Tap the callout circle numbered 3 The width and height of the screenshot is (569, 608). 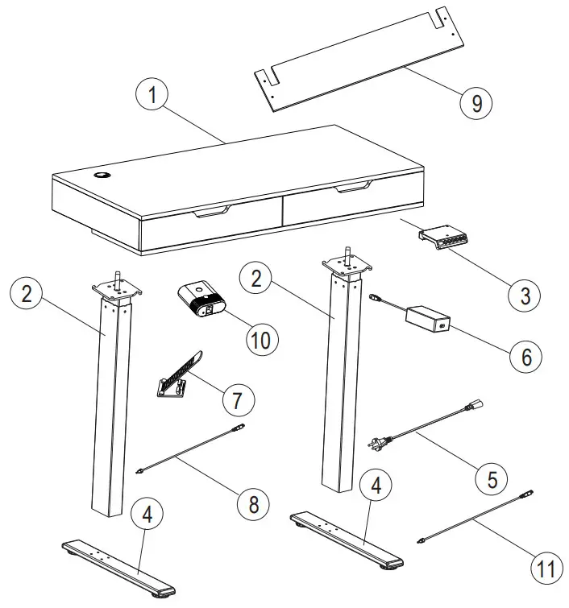[x=525, y=295]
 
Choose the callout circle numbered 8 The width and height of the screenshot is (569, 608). [x=254, y=504]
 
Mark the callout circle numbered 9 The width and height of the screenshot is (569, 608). [x=476, y=103]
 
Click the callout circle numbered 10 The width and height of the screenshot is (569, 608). [x=262, y=337]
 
